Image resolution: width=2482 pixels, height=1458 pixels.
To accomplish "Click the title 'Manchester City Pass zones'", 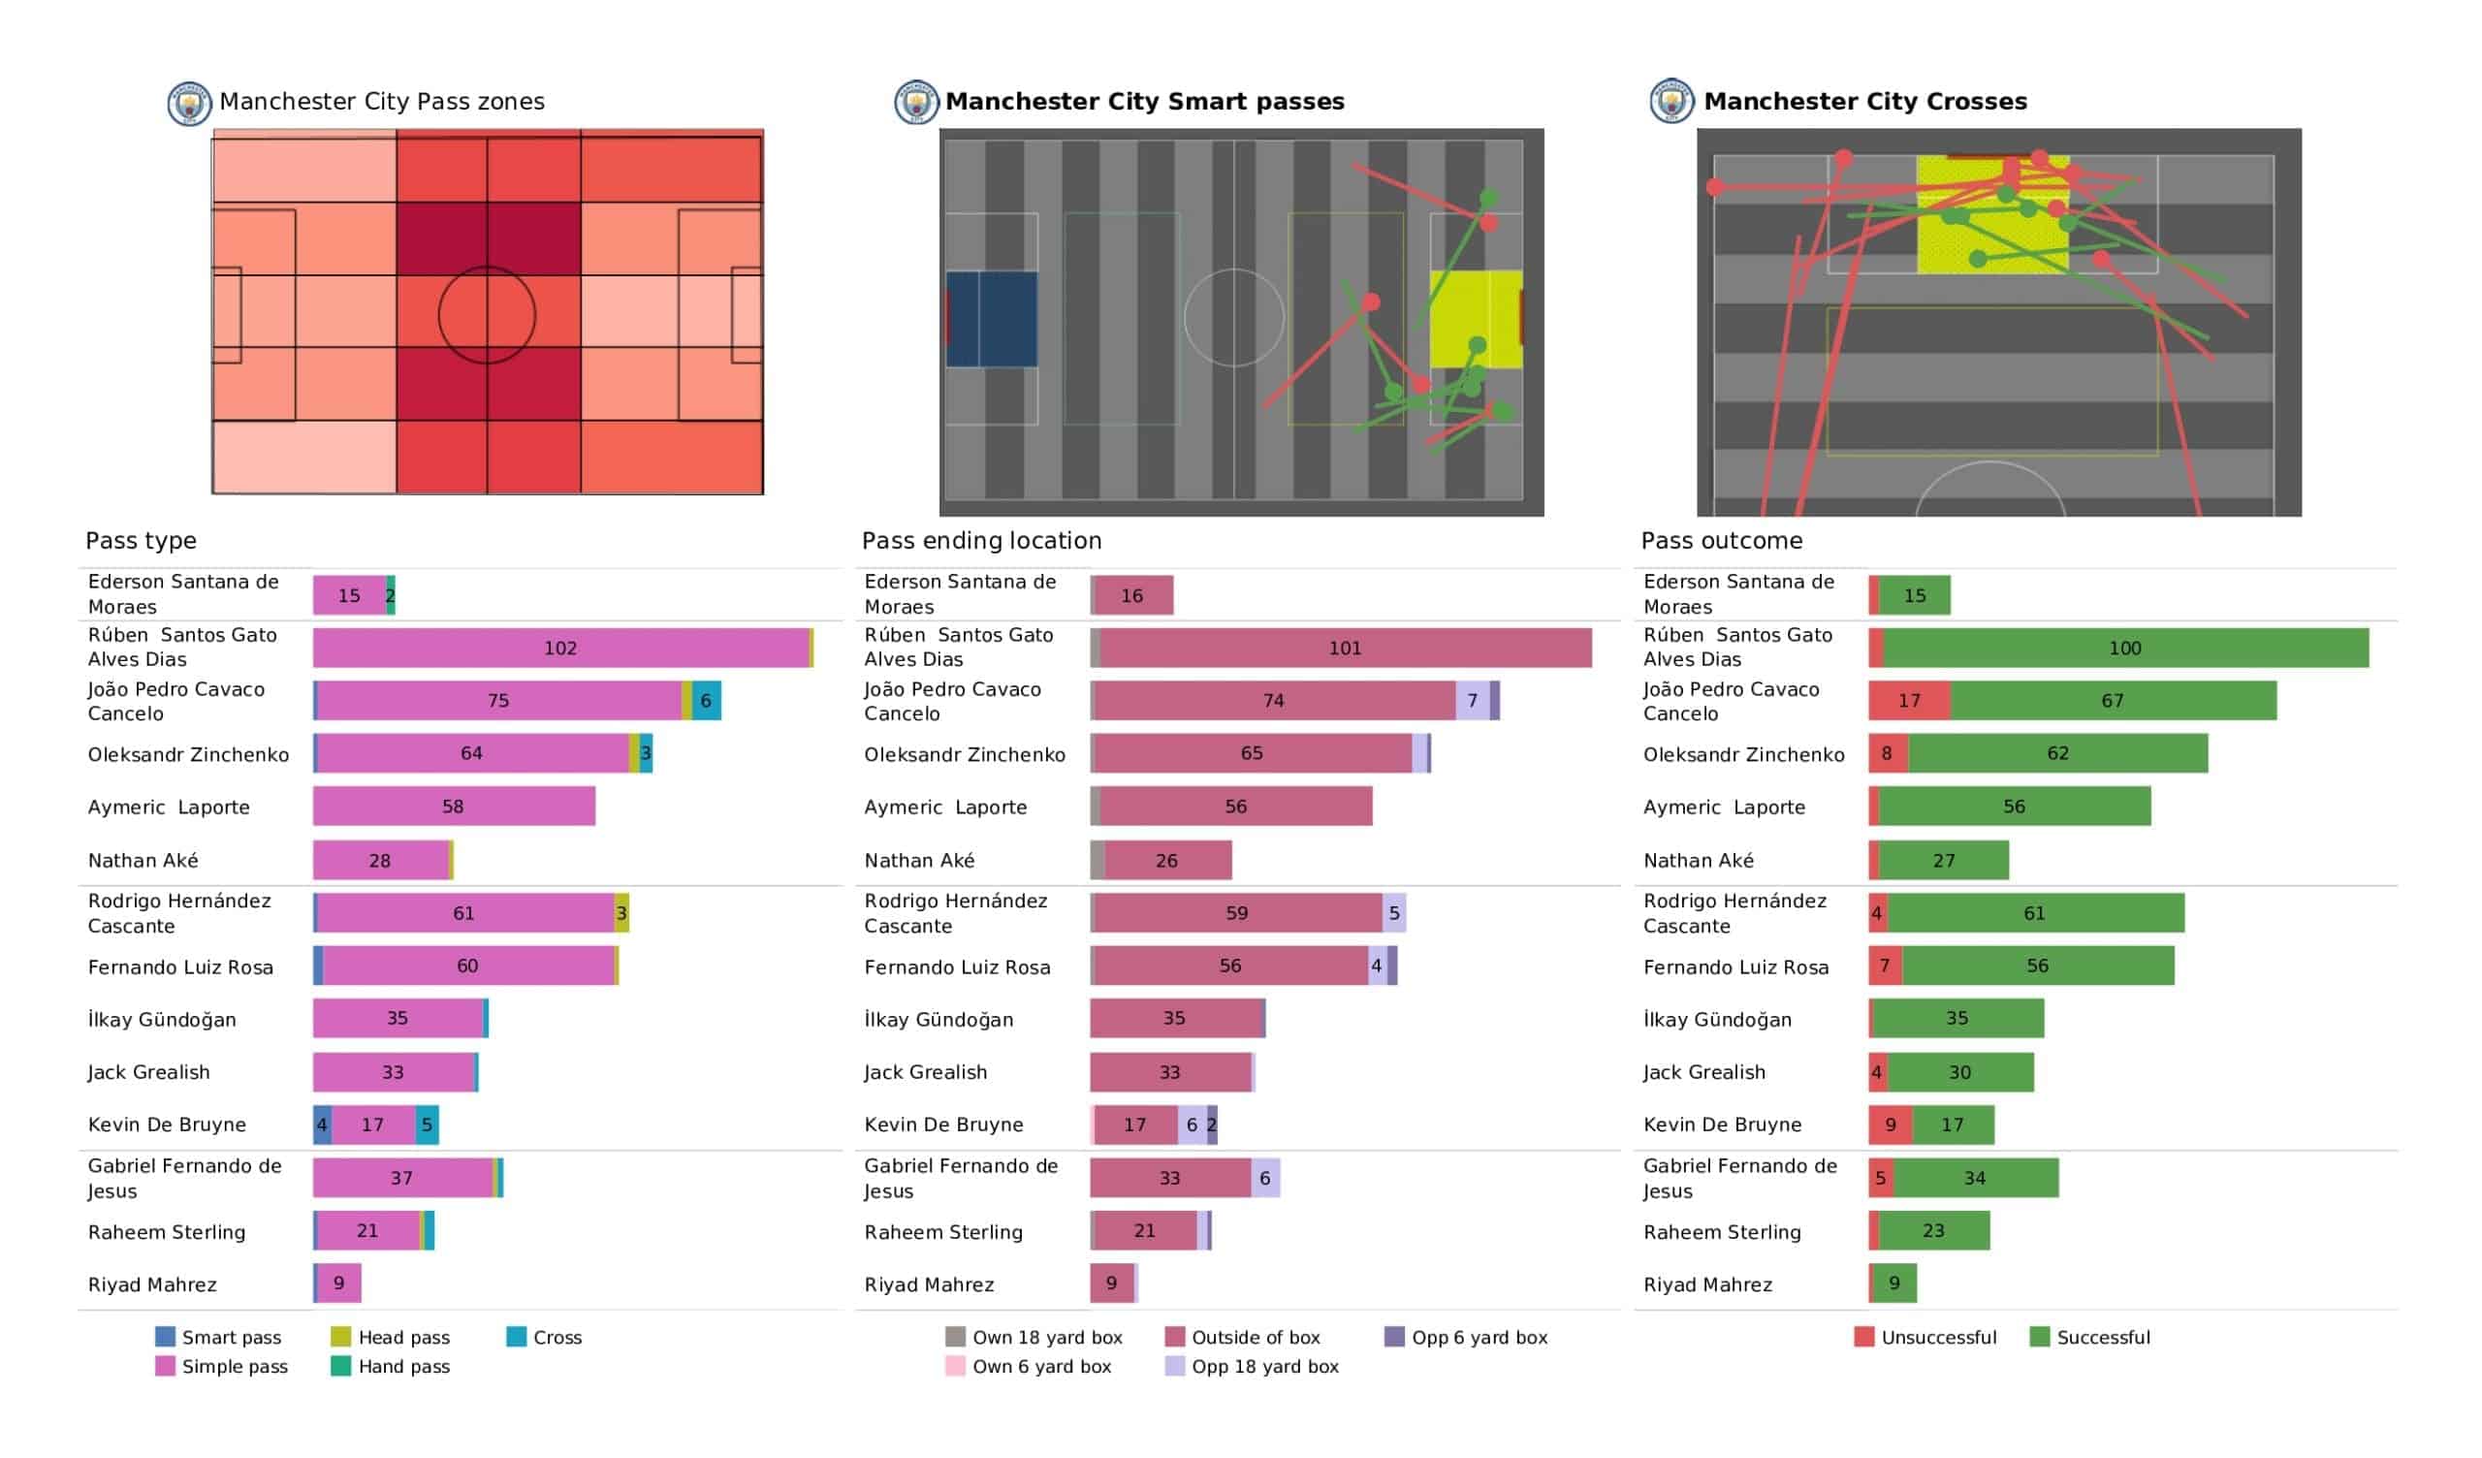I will point(381,102).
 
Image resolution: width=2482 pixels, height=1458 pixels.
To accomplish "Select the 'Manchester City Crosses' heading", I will point(1864,102).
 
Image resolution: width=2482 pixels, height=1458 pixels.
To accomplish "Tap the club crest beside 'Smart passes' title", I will point(915,103).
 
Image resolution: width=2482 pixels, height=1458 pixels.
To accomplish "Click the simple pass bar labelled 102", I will point(560,649).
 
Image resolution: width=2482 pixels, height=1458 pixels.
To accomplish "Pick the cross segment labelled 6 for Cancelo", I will point(706,701).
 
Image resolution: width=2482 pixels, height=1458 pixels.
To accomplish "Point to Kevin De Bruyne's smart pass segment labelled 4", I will point(322,1125).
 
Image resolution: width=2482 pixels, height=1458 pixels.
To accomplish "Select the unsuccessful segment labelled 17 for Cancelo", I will point(1909,701).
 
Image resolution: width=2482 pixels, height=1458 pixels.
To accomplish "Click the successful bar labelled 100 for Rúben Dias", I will point(2124,649).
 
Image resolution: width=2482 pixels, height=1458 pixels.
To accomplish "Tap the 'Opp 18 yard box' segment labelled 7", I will point(1473,701).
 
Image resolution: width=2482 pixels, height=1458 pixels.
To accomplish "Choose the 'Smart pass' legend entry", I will point(219,1337).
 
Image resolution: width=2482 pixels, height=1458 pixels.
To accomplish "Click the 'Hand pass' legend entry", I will point(391,1366).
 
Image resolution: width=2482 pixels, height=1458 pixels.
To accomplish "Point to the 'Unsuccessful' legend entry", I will point(1925,1337).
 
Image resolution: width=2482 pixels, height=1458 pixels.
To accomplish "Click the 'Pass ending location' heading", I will point(981,541).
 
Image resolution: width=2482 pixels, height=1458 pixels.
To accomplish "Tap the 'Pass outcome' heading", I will point(1721,541).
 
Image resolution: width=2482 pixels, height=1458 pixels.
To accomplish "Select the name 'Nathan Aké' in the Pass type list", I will point(143,861).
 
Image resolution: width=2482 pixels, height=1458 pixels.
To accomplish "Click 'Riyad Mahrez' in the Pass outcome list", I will point(1707,1284).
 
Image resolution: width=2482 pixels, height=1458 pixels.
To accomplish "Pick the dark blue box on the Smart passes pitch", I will point(992,319).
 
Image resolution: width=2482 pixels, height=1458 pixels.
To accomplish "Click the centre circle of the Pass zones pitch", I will point(487,315).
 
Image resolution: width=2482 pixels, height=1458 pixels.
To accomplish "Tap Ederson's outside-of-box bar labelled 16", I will point(1133,596).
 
